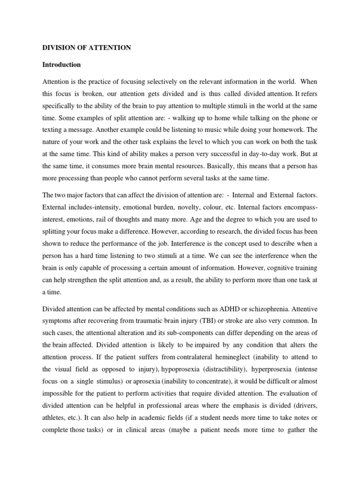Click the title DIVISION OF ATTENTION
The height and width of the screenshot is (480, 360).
point(87,48)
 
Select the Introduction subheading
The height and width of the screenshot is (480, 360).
point(62,64)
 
